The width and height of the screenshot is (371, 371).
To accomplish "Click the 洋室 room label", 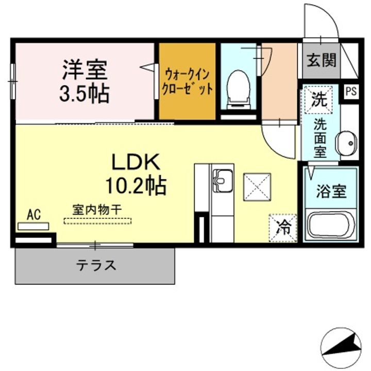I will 85,69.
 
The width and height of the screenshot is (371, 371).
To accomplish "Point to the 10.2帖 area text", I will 136,184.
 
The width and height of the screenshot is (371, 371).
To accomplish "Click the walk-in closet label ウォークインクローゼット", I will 187,81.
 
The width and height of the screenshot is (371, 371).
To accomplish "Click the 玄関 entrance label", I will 322,60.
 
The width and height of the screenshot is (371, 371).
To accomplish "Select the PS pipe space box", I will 351,92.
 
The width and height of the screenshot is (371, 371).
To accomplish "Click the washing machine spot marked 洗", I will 318,99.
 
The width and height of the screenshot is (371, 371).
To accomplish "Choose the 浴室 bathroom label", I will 330,191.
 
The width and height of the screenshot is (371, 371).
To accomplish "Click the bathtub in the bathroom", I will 330,225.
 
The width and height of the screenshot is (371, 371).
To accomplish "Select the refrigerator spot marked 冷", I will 283,227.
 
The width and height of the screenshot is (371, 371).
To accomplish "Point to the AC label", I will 33,214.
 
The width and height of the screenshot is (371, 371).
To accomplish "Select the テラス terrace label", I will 96,265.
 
